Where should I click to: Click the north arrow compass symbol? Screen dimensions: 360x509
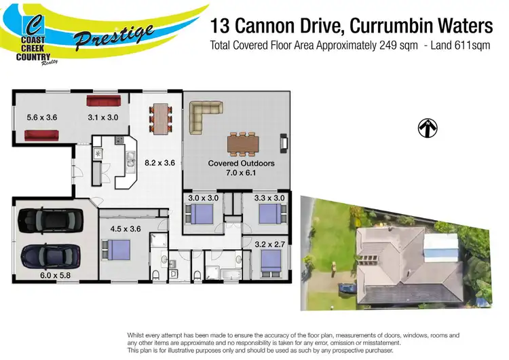tap(428, 127)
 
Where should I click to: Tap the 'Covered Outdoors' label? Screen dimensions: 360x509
tap(241, 164)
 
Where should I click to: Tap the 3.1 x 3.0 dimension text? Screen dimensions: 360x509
tap(103, 118)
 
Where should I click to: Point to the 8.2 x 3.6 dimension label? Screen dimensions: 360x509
tap(160, 163)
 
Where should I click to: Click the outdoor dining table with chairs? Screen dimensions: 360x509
tap(242, 143)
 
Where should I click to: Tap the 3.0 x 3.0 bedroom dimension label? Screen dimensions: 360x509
tap(202, 198)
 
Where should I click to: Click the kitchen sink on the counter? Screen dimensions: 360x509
tap(98, 154)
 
